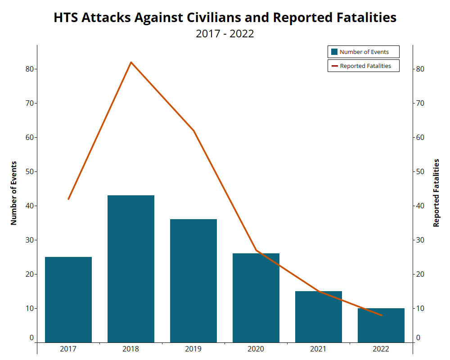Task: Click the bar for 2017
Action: (68, 299)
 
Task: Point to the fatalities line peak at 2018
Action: (131, 62)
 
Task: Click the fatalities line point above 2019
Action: (193, 130)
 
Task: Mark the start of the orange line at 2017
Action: (68, 199)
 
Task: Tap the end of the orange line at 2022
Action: (382, 315)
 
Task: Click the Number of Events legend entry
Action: (364, 52)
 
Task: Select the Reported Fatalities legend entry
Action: (364, 66)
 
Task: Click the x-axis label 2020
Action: (256, 349)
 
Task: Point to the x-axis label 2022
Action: (381, 349)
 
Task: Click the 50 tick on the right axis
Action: (420, 171)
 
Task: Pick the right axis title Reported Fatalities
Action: (436, 193)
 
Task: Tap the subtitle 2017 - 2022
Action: (225, 34)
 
